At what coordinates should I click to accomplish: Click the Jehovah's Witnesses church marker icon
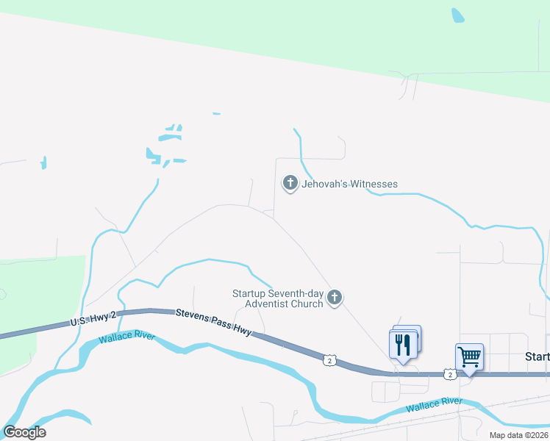pos(290,183)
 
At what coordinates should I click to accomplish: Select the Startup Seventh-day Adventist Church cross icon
pos(335,298)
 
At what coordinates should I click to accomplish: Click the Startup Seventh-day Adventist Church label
pos(278,298)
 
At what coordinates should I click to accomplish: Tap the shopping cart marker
pos(468,357)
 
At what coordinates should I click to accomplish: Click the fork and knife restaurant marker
pos(403,344)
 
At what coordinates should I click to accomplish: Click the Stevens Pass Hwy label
pos(214,323)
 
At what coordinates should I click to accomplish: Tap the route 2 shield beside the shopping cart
pos(450,374)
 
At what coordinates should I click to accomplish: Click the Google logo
pos(24,432)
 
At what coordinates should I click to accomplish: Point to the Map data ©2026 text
pos(518,435)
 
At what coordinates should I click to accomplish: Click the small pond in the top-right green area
pos(457,15)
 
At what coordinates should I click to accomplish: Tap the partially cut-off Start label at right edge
pos(537,356)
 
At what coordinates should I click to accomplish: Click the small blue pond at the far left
pos(43,162)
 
